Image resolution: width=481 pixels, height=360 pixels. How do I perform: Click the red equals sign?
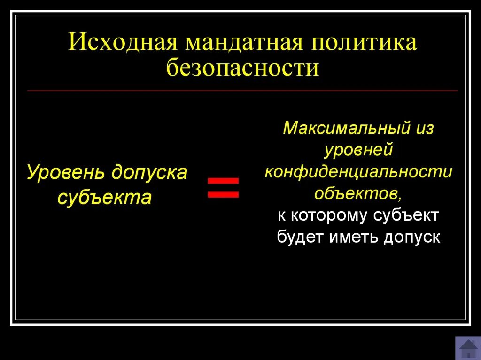pyautogui.click(x=224, y=187)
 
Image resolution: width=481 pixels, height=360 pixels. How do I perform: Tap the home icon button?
pyautogui.click(x=468, y=348)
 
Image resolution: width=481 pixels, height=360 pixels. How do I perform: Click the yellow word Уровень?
pyautogui.click(x=66, y=173)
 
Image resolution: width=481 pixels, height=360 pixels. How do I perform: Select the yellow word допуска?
pyautogui.click(x=149, y=173)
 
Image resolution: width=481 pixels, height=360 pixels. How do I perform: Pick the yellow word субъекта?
pyautogui.click(x=104, y=198)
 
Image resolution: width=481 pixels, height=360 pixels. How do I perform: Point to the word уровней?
pyautogui.click(x=358, y=151)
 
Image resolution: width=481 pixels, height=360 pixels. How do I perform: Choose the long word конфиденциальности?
pyautogui.click(x=358, y=172)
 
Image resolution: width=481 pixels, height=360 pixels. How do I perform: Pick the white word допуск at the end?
pyautogui.click(x=412, y=237)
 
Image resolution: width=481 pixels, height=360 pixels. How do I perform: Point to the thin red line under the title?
pyautogui.click(x=242, y=90)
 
